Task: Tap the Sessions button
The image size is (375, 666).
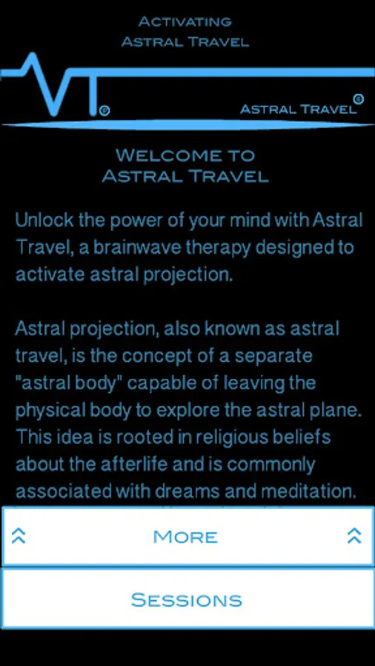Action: [x=187, y=599]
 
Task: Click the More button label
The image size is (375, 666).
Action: [x=185, y=537]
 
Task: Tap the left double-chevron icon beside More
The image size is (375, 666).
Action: [x=19, y=536]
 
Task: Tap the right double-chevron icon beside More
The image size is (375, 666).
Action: [x=354, y=536]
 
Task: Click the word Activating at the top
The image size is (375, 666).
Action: [x=185, y=21]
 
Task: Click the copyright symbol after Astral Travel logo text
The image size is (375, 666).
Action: [x=359, y=99]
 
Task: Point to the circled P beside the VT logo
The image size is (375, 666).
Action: [x=104, y=111]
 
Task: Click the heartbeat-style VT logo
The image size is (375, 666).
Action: [x=56, y=85]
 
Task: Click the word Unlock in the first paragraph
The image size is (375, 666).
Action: [x=41, y=221]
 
